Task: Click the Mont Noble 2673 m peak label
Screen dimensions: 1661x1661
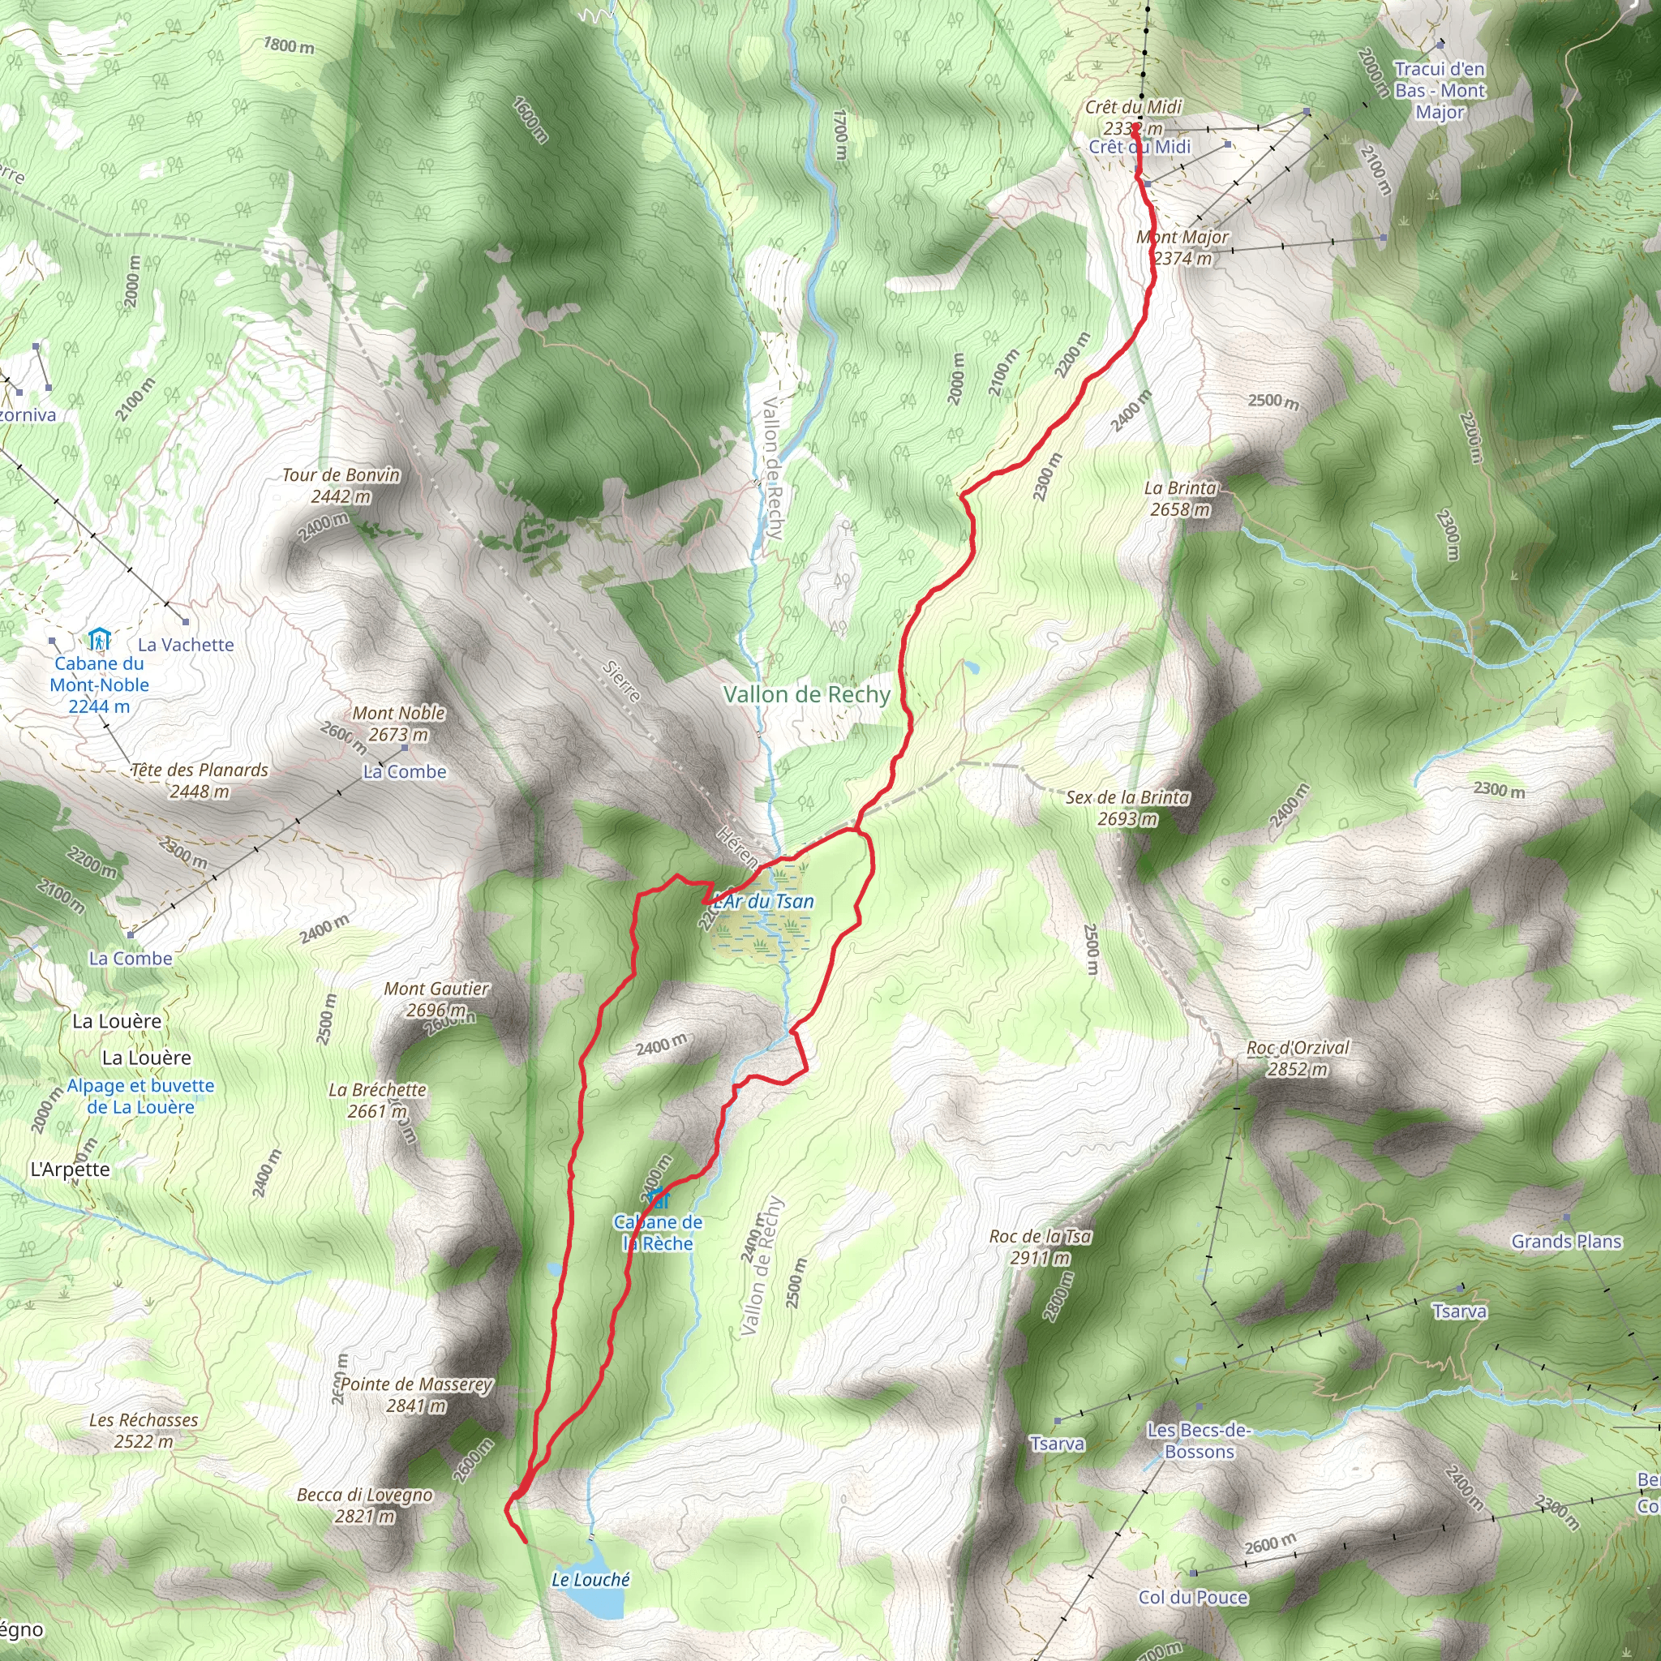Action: (x=398, y=723)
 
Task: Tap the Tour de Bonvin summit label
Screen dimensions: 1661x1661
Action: (x=341, y=485)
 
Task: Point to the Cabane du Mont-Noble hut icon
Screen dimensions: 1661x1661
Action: (x=100, y=640)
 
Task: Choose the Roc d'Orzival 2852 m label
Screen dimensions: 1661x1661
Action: (x=1298, y=1058)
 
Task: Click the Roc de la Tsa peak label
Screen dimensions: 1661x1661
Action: (x=1041, y=1247)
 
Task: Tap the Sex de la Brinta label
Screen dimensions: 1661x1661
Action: (x=1127, y=807)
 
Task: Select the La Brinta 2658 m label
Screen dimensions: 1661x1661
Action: (x=1180, y=499)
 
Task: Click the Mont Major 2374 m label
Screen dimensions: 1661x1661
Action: (x=1182, y=247)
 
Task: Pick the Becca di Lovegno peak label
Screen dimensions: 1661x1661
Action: (x=364, y=1505)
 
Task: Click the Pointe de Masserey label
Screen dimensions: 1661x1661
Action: (x=416, y=1394)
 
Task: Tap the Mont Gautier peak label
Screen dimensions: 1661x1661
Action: (x=437, y=999)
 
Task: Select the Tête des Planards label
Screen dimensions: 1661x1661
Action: (x=200, y=779)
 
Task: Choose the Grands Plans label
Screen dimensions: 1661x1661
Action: (x=1565, y=1242)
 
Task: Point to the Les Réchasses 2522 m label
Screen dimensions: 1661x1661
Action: (x=144, y=1431)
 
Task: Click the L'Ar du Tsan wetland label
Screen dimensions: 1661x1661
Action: (x=763, y=901)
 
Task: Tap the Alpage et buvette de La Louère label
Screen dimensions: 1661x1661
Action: (x=141, y=1097)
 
